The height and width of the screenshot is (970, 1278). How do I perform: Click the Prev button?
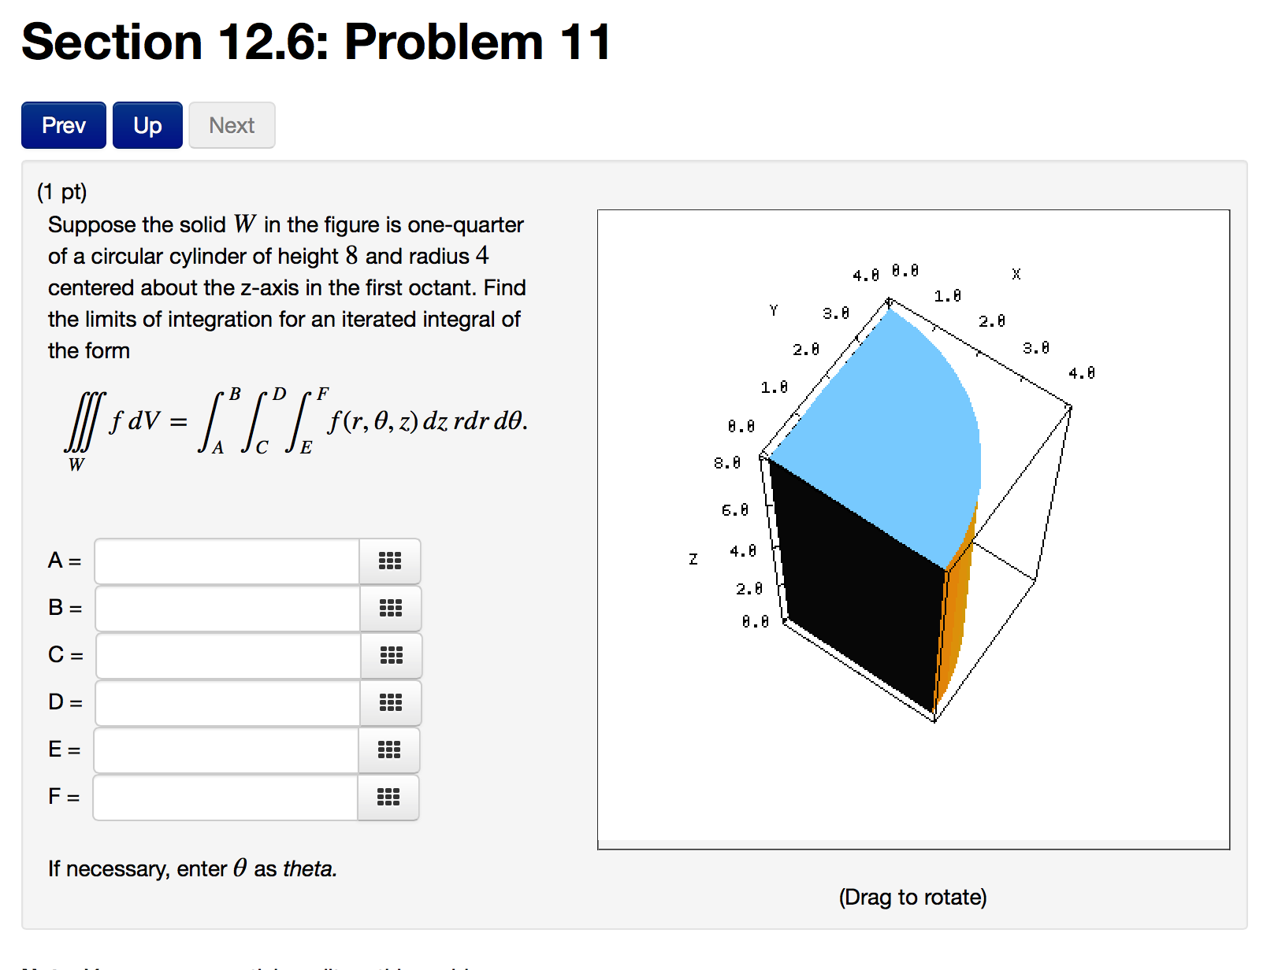[x=63, y=125]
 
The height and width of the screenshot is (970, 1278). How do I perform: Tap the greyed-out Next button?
[x=232, y=125]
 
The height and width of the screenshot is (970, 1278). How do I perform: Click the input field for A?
[x=227, y=561]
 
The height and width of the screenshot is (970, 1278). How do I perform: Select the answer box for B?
[x=228, y=609]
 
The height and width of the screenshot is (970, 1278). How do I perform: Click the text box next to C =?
[x=228, y=656]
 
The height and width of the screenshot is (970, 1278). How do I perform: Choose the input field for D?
[x=228, y=703]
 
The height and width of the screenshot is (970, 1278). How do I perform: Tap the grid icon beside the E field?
[x=389, y=750]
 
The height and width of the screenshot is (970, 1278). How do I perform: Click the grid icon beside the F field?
[x=388, y=798]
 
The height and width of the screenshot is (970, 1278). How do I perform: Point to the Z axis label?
[x=693, y=559]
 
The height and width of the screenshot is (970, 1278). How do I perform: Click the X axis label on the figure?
[x=1016, y=274]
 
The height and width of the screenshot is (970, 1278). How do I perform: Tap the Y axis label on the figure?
[x=773, y=311]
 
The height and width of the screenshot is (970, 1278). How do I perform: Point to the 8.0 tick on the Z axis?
[x=727, y=463]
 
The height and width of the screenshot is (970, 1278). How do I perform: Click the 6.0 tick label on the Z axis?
[x=734, y=510]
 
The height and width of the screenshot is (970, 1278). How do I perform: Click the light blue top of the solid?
[x=882, y=425]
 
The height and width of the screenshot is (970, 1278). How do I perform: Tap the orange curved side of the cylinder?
[x=956, y=614]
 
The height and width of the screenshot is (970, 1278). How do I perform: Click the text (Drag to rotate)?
[x=912, y=897]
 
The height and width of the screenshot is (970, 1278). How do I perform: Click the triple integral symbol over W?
[x=83, y=421]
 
